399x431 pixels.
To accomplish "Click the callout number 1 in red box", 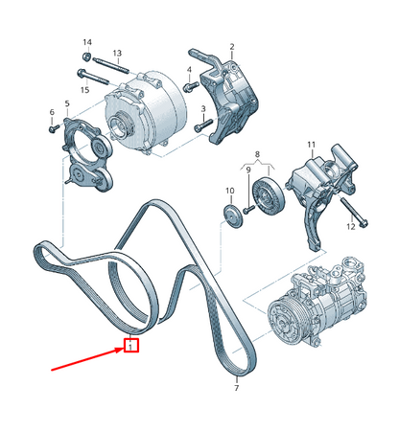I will pos(133,346).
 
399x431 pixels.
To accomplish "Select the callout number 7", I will pos(236,390).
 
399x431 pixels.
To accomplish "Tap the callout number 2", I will pos(230,45).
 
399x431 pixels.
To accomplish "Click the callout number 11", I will pos(311,145).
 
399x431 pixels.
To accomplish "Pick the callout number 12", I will pos(351,226).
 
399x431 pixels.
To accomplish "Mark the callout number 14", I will pos(86,43).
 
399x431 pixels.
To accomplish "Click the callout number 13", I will pos(118,53).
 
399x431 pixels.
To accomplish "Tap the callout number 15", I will pos(85,89).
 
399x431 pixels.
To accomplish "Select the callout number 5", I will pos(66,103).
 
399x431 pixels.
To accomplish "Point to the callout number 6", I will pos(51,114).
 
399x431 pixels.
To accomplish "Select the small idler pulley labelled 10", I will pos(230,212).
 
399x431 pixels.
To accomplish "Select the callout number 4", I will pos(189,69).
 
